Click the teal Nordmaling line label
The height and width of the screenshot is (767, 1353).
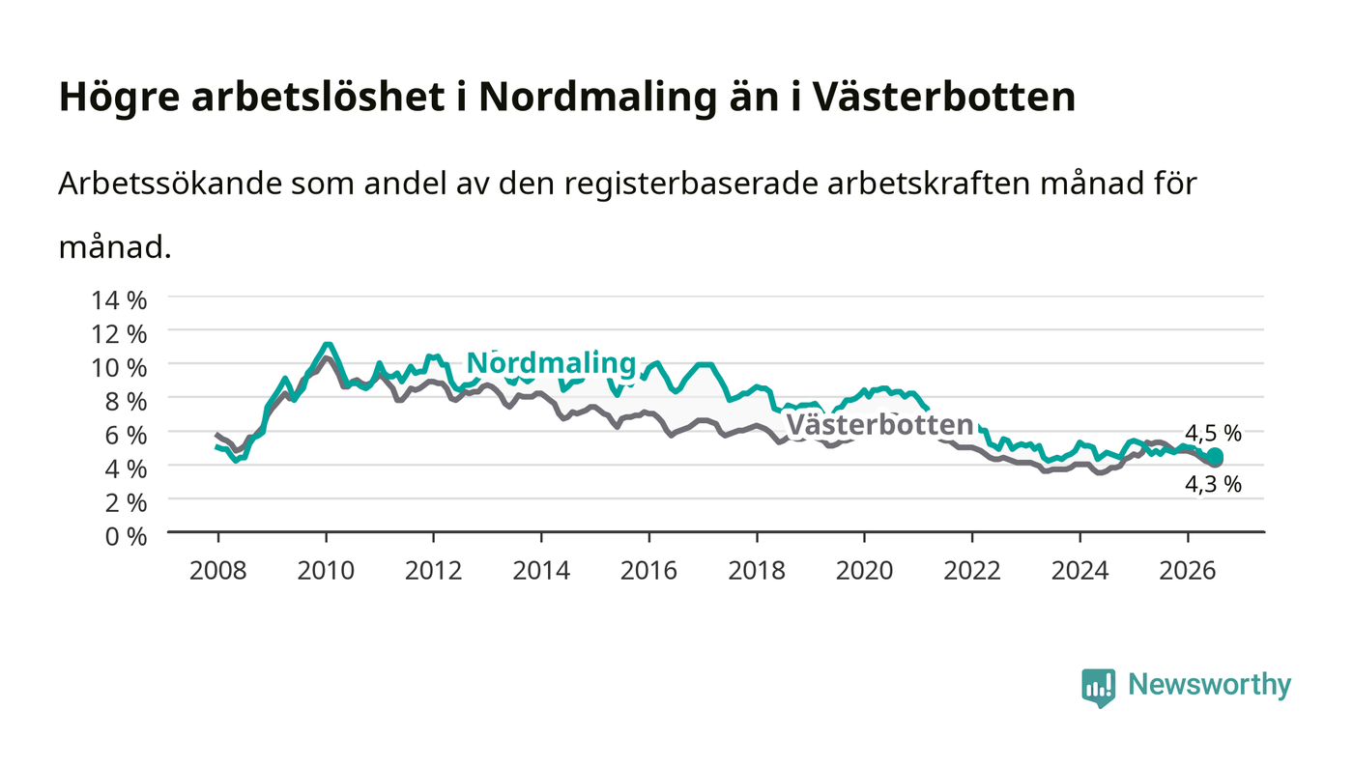[552, 363]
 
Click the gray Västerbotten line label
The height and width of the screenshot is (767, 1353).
[880, 425]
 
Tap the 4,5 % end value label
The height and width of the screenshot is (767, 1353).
[1213, 433]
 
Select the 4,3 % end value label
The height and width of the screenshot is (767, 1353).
[1213, 484]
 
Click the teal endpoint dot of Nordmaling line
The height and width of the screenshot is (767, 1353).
[1216, 456]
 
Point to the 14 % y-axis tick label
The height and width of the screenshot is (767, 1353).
[119, 300]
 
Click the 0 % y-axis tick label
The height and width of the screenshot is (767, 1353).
[126, 536]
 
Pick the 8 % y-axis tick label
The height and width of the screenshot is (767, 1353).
[126, 402]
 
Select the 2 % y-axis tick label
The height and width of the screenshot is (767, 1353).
[126, 502]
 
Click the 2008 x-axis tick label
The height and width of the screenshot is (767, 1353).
[218, 570]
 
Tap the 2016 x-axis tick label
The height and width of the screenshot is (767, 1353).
[648, 570]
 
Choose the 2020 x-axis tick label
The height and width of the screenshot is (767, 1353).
[864, 570]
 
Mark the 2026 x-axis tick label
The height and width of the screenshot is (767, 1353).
[1188, 570]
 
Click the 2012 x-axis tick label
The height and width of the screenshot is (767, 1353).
[434, 570]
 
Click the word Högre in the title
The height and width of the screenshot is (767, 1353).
[120, 98]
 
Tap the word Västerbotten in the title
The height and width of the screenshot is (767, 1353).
[943, 96]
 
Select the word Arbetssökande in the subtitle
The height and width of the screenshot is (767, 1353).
[170, 183]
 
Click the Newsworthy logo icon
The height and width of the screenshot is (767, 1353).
[1098, 688]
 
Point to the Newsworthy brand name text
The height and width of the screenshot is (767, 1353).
[1209, 686]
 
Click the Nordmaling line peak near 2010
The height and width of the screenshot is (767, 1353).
[328, 345]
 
